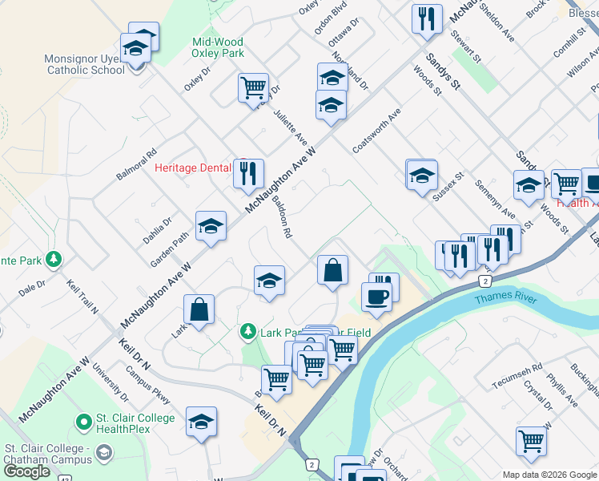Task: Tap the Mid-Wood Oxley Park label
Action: click(x=218, y=47)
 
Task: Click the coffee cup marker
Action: click(x=376, y=297)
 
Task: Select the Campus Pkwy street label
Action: click(x=149, y=386)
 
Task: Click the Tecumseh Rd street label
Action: click(x=517, y=375)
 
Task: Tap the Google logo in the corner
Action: click(x=28, y=471)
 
